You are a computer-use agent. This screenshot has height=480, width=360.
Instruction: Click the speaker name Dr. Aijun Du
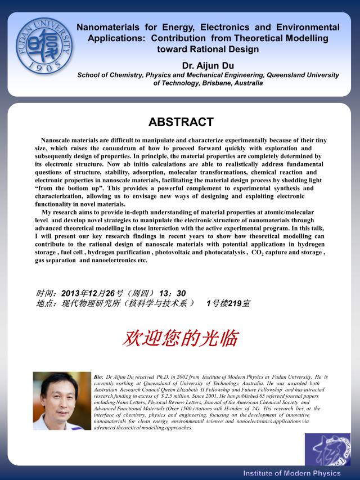click(208, 66)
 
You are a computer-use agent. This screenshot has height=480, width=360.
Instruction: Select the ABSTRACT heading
click(181, 122)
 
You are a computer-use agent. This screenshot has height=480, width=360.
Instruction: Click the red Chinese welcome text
click(181, 338)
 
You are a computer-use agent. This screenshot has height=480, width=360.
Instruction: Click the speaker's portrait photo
click(62, 401)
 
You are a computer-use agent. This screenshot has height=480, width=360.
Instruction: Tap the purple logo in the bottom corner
click(327, 449)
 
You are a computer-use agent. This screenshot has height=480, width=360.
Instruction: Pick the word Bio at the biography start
click(98, 376)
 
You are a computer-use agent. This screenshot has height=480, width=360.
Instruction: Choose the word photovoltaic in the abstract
click(190, 253)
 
